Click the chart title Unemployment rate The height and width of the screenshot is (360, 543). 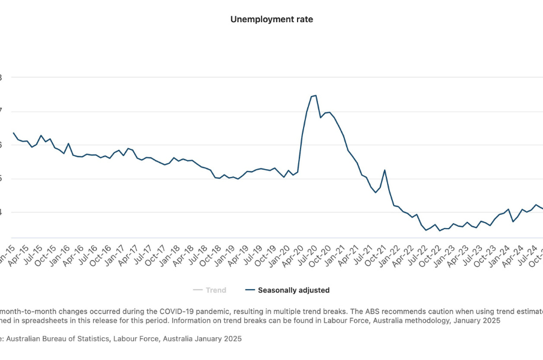pyautogui.click(x=271, y=19)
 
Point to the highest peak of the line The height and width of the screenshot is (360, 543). pyautogui.click(x=316, y=95)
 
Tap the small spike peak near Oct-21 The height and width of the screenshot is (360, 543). pyautogui.click(x=385, y=170)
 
